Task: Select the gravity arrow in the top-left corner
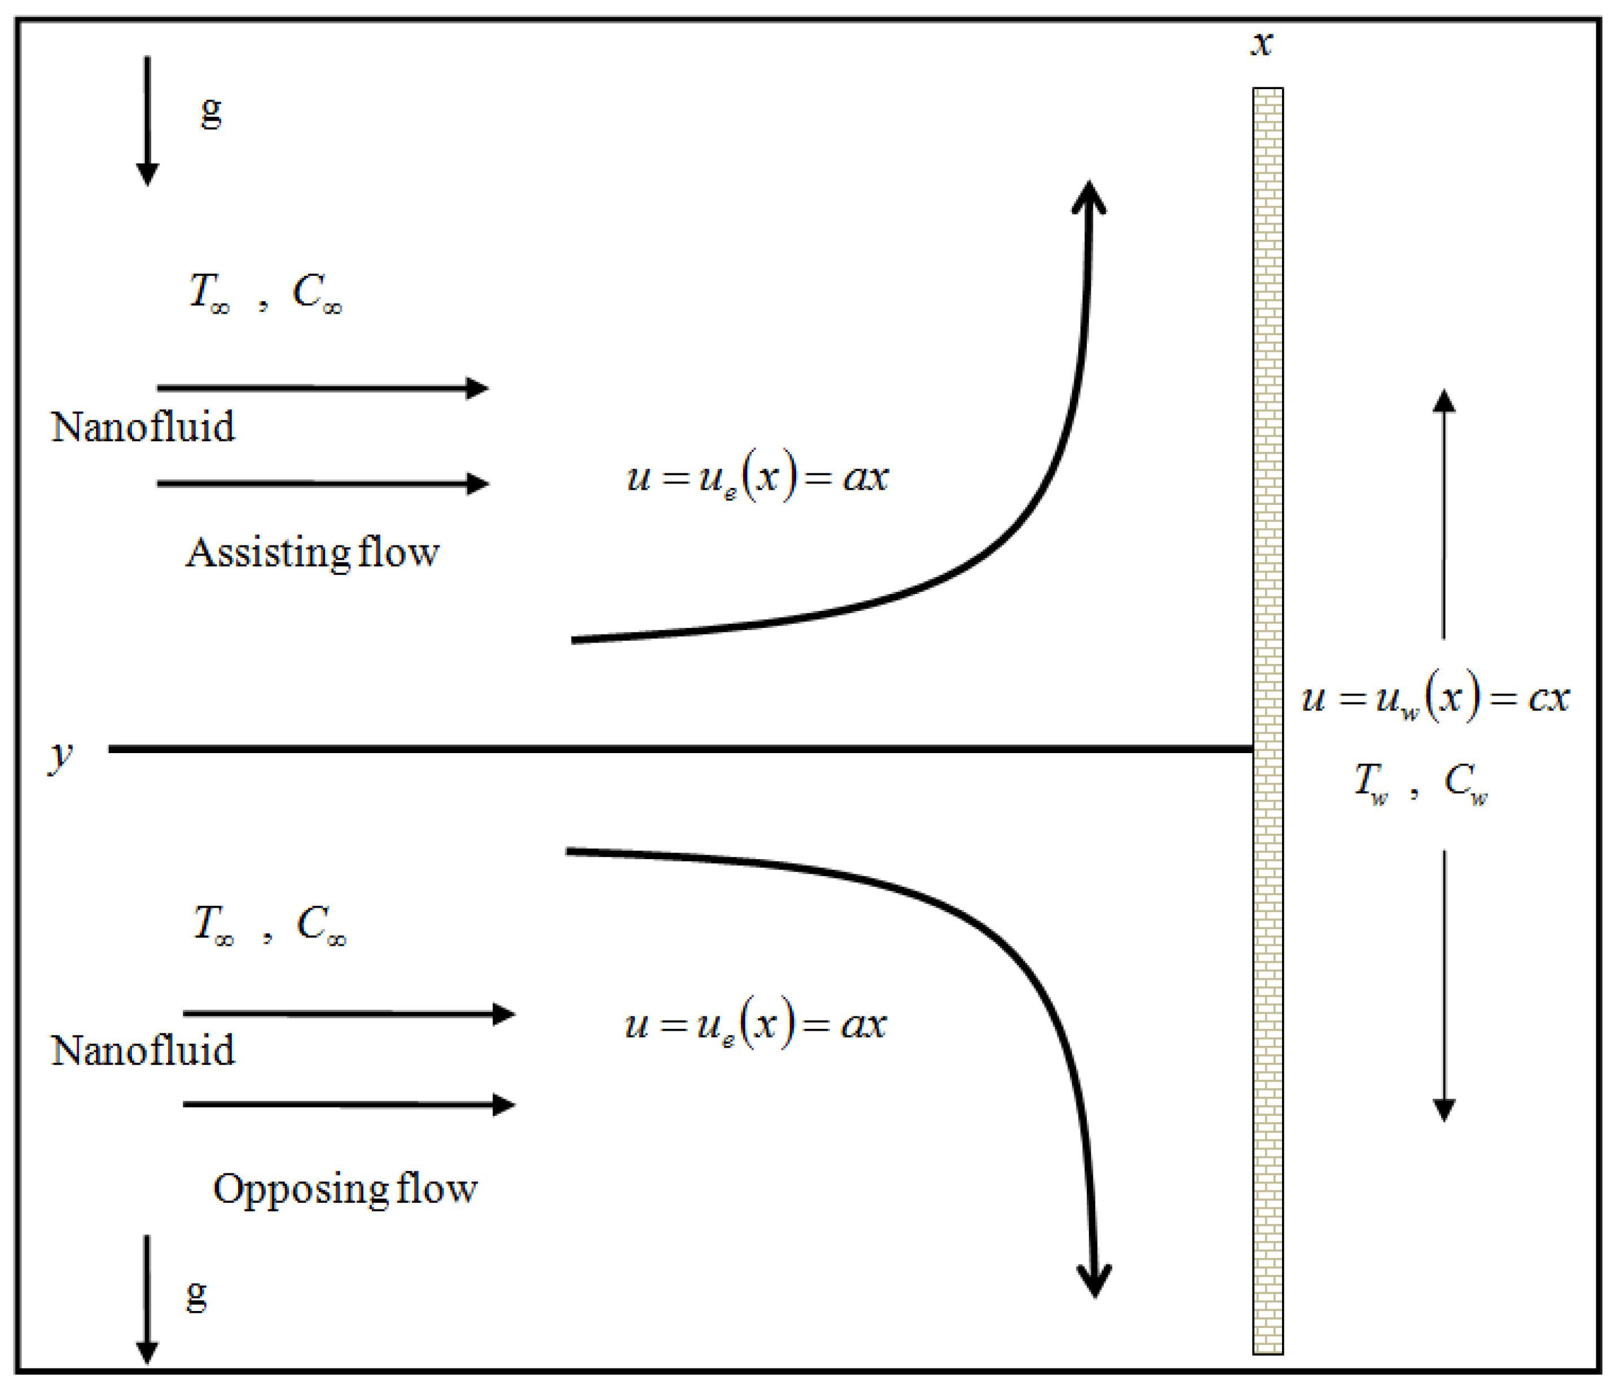(147, 121)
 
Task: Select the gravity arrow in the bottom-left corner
(147, 1299)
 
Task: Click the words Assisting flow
(312, 553)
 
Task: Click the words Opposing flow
(345, 1188)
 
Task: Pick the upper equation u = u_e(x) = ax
(757, 476)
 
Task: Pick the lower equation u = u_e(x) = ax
(756, 1023)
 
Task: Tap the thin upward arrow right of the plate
(1443, 513)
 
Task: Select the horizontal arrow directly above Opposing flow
(349, 1105)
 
